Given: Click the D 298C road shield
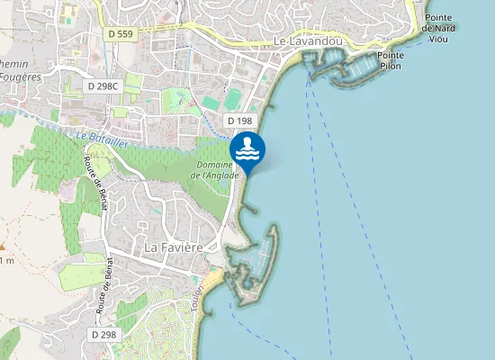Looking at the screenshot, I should [x=103, y=85].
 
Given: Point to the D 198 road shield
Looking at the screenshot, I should [x=239, y=120].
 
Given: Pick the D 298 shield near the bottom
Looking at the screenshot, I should [x=104, y=335].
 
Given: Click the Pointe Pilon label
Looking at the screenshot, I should [x=391, y=60].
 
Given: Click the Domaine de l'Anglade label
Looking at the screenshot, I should [x=216, y=169].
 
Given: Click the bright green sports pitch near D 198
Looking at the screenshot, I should [x=234, y=96].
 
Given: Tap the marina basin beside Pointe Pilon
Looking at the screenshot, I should [x=364, y=68].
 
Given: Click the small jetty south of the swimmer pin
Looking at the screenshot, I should [x=249, y=211].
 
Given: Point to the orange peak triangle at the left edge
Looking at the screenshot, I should [x=3, y=246].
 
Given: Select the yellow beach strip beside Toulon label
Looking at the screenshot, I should [x=210, y=285].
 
